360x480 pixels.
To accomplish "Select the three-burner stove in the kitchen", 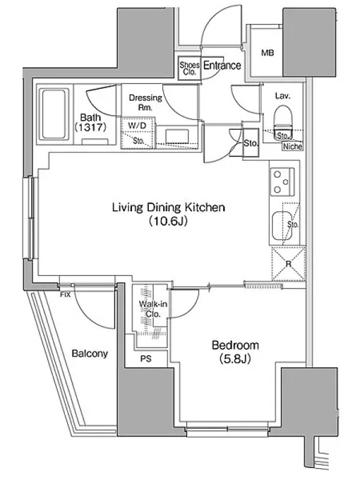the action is point(282,182).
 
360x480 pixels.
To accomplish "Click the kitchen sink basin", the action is point(280,226).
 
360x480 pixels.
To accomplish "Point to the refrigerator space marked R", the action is point(289,264).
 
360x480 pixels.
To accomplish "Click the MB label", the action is point(267,53).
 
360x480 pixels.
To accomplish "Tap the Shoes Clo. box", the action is point(190,68).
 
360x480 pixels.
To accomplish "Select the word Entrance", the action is point(222,65).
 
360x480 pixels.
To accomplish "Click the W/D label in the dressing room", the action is point(137,125).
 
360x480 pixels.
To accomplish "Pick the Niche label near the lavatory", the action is point(293,146).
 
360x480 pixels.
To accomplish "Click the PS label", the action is point(146,358).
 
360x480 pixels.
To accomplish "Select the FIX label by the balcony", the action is point(65,295).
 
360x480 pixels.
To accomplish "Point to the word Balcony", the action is point(89,353).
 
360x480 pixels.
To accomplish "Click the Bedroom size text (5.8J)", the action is point(235,359).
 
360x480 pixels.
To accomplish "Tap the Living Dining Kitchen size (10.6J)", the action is point(168,221).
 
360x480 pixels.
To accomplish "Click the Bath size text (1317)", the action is point(91,127).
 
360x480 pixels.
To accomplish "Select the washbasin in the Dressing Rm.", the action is point(177,136).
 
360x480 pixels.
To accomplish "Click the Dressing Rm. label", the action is point(145,103).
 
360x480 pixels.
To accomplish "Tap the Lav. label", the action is point(283,96).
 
